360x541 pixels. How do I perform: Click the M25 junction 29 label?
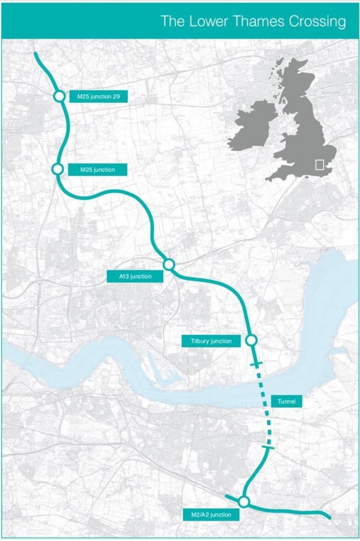tap(99, 97)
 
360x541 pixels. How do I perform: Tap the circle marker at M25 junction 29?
tap(59, 96)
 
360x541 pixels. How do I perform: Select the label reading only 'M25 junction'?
tap(99, 170)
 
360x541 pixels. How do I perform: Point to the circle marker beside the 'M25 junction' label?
tap(58, 169)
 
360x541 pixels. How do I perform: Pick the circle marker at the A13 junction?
tap(169, 264)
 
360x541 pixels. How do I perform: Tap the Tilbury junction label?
tap(211, 341)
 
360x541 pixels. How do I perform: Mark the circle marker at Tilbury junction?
tap(251, 340)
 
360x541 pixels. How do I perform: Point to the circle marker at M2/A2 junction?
tap(243, 501)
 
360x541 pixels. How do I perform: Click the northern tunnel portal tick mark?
tap(255, 365)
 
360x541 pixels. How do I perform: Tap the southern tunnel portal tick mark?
tap(268, 449)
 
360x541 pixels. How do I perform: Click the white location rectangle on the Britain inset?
tap(319, 164)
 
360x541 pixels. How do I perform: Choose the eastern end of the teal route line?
tap(329, 517)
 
